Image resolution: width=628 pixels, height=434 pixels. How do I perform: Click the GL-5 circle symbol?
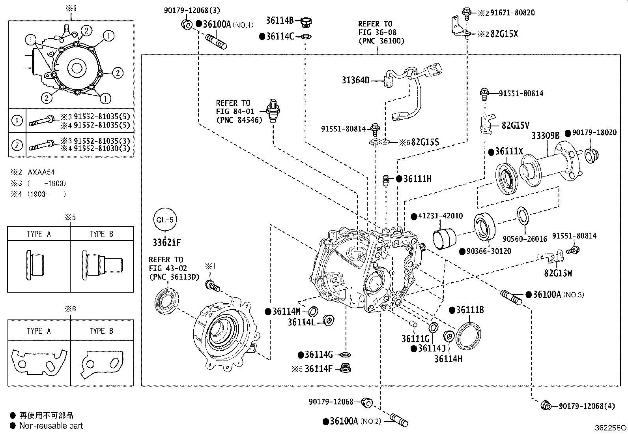point(165,220)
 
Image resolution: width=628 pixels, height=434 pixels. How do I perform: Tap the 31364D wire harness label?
point(355,81)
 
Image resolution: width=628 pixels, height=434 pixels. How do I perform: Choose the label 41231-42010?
point(440,216)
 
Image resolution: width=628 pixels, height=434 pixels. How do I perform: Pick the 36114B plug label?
point(279,21)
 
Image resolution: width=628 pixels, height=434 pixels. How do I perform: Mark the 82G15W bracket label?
point(558,273)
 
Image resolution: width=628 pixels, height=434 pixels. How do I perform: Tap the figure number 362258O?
point(610,428)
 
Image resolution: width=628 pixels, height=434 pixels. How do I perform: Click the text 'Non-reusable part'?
point(51,426)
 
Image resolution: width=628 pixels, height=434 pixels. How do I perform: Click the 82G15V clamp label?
point(515,125)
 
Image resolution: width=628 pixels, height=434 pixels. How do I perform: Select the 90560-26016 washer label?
point(525,239)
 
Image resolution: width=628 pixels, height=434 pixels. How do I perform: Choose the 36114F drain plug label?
point(319,369)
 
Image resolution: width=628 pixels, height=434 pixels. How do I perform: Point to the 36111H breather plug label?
point(417,179)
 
